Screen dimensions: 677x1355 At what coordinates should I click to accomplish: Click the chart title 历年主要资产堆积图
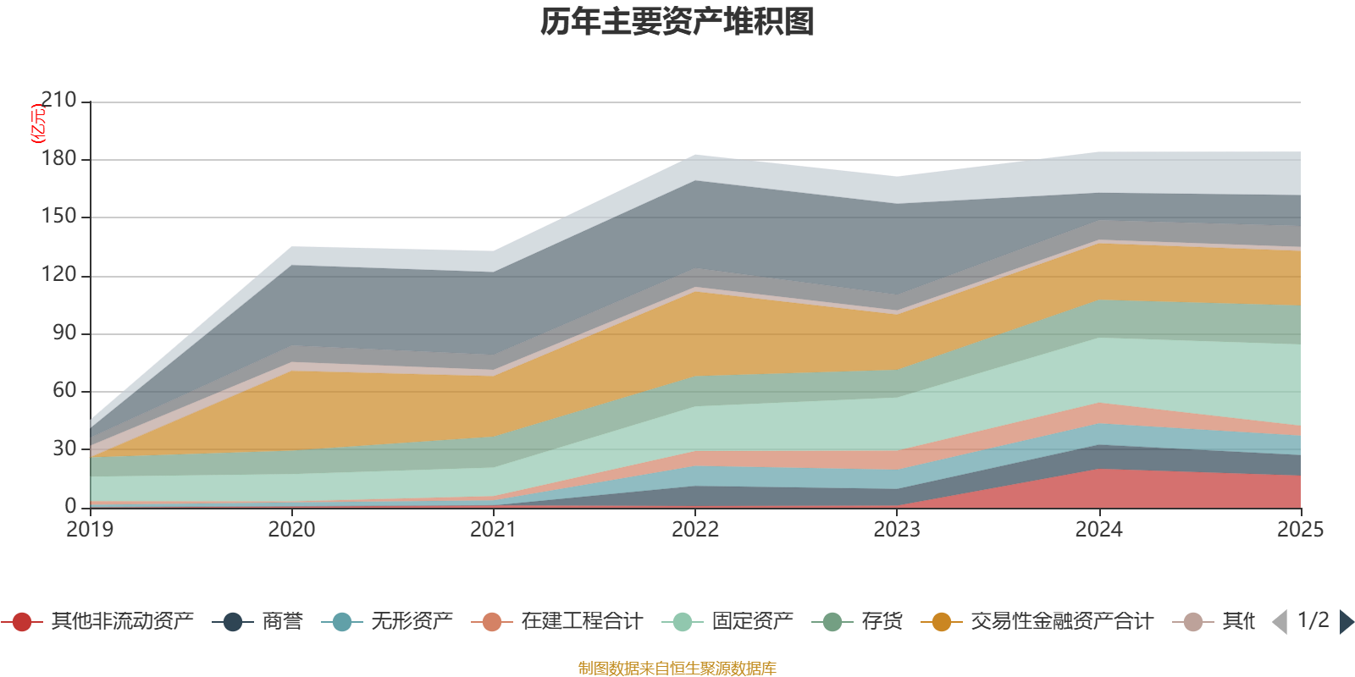pyautogui.click(x=677, y=22)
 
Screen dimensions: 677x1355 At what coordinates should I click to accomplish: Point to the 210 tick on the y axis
pyautogui.click(x=58, y=101)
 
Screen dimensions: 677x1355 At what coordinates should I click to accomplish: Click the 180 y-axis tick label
pyautogui.click(x=58, y=159)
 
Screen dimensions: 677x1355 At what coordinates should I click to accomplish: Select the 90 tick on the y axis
pyautogui.click(x=64, y=333)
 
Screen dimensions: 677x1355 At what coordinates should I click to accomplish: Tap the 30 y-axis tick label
pyautogui.click(x=64, y=449)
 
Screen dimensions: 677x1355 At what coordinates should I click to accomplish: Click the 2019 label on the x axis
pyautogui.click(x=90, y=530)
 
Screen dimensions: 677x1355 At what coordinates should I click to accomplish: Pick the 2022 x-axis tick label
pyautogui.click(x=694, y=530)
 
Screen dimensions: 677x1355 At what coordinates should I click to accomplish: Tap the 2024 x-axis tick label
pyautogui.click(x=1098, y=530)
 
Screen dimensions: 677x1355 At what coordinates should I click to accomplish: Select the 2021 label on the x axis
pyautogui.click(x=493, y=530)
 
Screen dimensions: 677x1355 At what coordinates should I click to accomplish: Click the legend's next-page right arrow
pyautogui.click(x=1346, y=622)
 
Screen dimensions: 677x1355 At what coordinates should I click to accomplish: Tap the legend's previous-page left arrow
pyautogui.click(x=1280, y=622)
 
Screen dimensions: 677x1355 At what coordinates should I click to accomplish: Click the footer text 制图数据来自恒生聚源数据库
pyautogui.click(x=677, y=669)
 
